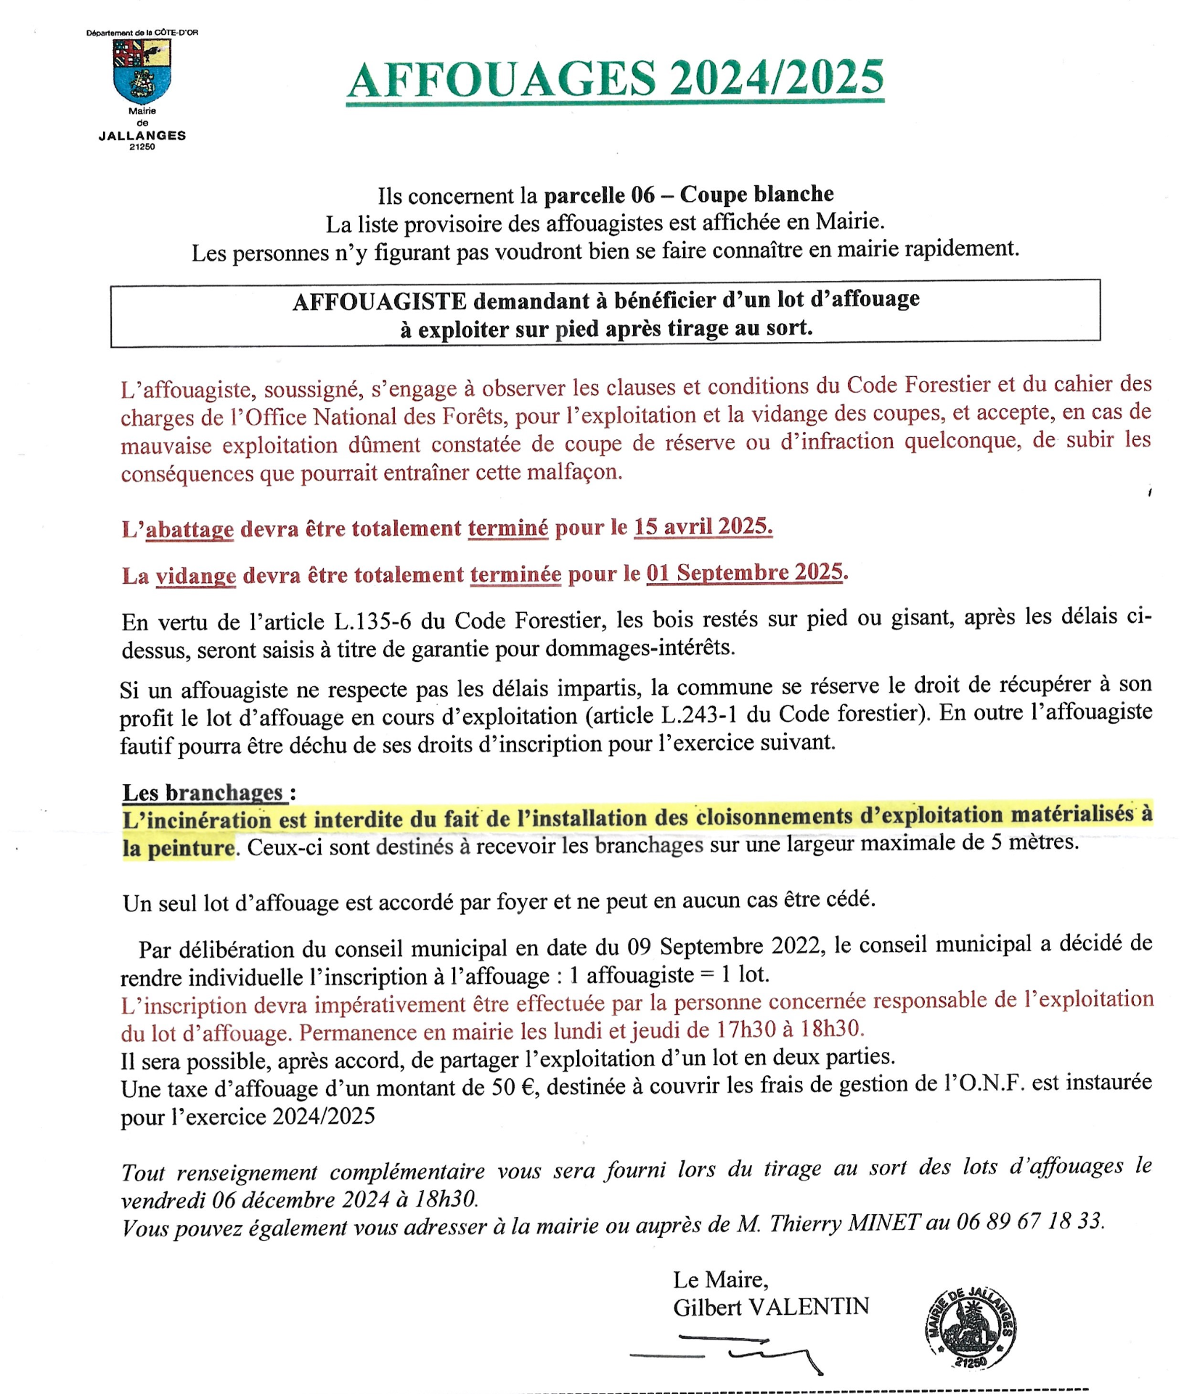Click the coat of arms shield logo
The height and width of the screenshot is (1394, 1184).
tap(142, 70)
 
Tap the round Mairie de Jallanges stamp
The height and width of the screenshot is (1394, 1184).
tap(970, 1328)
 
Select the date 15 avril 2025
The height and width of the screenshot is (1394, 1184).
tap(703, 526)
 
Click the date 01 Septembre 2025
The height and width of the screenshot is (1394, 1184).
tap(746, 573)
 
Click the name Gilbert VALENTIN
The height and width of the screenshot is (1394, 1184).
tap(771, 1307)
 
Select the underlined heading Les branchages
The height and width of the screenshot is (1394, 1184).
tap(203, 792)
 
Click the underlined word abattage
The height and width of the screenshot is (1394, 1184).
tap(189, 529)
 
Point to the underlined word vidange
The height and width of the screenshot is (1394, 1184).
tap(196, 576)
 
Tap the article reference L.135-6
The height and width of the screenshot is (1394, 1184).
tap(373, 621)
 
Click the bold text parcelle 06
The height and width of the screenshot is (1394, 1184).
tap(599, 195)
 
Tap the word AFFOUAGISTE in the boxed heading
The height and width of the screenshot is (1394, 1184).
tap(379, 301)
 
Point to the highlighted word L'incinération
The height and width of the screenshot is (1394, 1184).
tap(196, 820)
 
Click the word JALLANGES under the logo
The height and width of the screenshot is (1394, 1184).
tap(142, 136)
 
